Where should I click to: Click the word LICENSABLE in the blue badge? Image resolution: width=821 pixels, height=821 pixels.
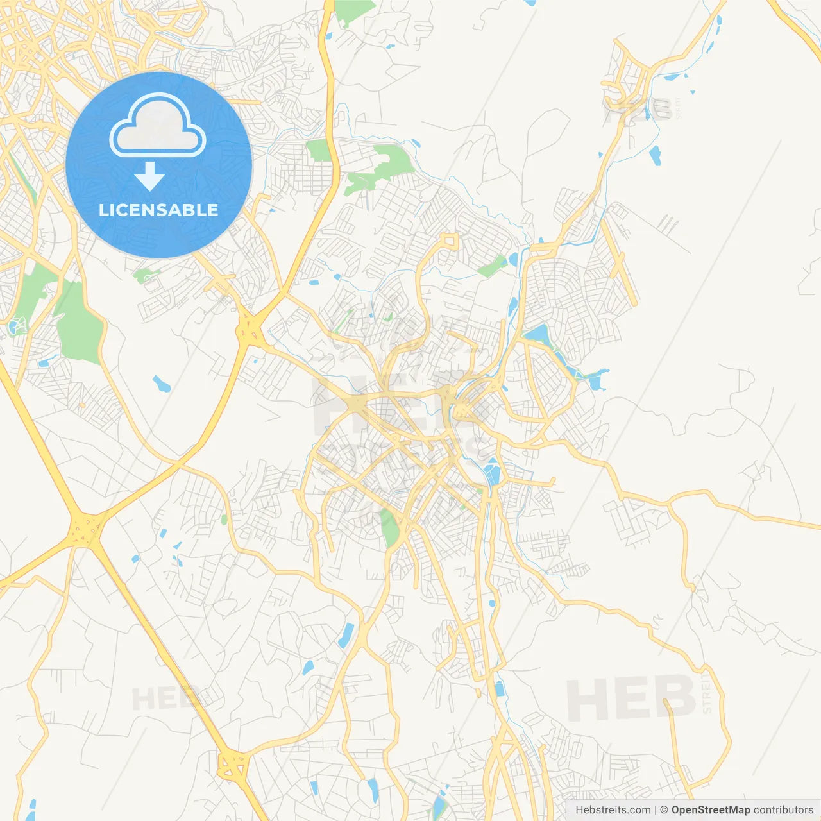(158, 210)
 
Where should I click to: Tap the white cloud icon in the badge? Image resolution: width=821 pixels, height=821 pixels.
(158, 126)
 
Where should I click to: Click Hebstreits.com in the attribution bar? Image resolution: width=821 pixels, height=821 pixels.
(613, 810)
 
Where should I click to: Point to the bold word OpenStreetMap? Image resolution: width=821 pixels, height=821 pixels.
(710, 810)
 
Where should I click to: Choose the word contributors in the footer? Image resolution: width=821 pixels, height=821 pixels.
(783, 810)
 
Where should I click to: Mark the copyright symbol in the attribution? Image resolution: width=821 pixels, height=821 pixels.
(664, 810)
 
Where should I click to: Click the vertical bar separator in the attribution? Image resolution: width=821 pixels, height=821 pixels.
(656, 810)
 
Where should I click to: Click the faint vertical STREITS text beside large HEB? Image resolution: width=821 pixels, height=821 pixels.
(707, 693)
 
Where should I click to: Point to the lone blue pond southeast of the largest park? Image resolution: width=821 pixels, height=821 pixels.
(161, 384)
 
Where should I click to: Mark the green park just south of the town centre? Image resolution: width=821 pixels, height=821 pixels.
(389, 527)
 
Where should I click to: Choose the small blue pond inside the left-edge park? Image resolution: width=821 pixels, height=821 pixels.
(14, 328)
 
